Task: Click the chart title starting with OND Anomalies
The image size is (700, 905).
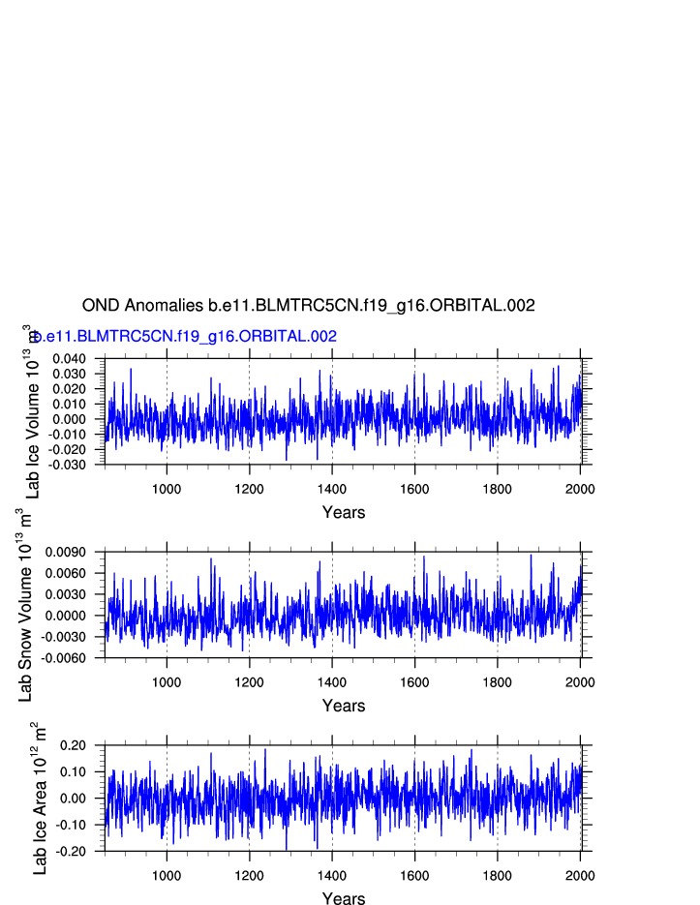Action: coord(308,306)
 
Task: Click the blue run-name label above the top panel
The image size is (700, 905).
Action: coord(185,337)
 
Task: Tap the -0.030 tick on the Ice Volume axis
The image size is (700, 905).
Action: coord(71,465)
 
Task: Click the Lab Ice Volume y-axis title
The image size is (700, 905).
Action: coord(31,411)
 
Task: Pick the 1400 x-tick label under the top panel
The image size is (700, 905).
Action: coord(332,488)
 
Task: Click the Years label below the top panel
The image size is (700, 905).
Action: coord(344,512)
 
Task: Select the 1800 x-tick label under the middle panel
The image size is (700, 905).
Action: coord(498,681)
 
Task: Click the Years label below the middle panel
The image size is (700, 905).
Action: coord(344,706)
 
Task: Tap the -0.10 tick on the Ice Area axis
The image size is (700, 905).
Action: coord(75,825)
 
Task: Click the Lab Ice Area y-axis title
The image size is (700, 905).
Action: coord(39,799)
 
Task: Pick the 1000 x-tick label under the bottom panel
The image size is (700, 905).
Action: coord(167,875)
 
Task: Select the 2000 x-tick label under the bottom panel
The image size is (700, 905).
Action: coord(580,875)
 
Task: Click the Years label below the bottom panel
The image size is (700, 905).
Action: coord(344,899)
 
